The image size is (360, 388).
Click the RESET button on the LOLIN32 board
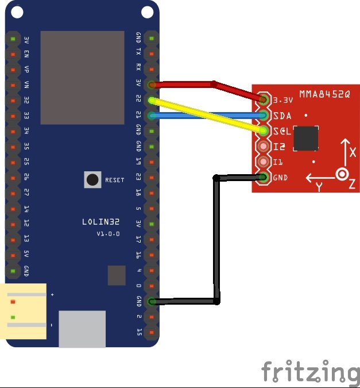pyautogui.click(x=92, y=179)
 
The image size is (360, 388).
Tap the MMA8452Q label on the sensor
pyautogui.click(x=324, y=94)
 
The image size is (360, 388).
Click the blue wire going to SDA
pyautogui.click(x=207, y=116)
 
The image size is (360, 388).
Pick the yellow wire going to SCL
pyautogui.click(x=207, y=116)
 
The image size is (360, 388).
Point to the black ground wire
pyautogui.click(x=217, y=241)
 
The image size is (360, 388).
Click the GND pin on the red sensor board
pyautogui.click(x=264, y=178)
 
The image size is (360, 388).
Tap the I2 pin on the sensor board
pyautogui.click(x=264, y=147)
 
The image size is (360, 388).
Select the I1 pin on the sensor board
pyautogui.click(x=264, y=162)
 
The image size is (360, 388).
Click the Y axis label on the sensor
pyautogui.click(x=319, y=187)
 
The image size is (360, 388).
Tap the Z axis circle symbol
pyautogui.click(x=343, y=174)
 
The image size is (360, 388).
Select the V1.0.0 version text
pyautogui.click(x=107, y=234)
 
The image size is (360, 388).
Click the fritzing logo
pyautogui.click(x=311, y=372)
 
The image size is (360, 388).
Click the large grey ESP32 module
pyautogui.click(x=82, y=77)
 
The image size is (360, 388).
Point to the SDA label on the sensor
pyautogui.click(x=282, y=116)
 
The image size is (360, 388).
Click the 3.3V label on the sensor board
pyautogui.click(x=284, y=99)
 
